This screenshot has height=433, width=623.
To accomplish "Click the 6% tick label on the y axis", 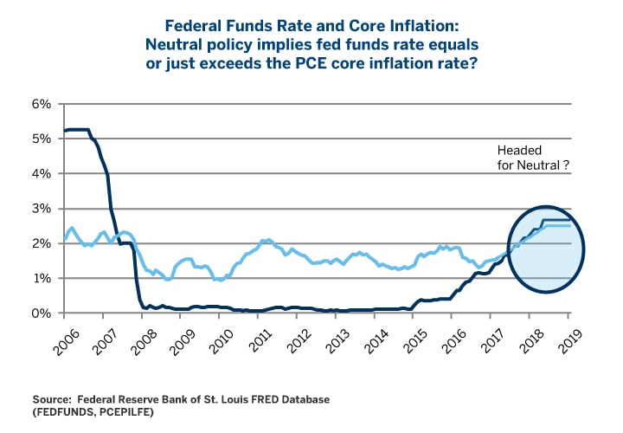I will click(x=43, y=104).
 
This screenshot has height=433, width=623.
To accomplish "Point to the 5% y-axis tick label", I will click(x=43, y=139).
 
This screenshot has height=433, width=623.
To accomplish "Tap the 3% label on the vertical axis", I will click(x=43, y=209).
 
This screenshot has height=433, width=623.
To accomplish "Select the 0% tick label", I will click(x=43, y=313).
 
